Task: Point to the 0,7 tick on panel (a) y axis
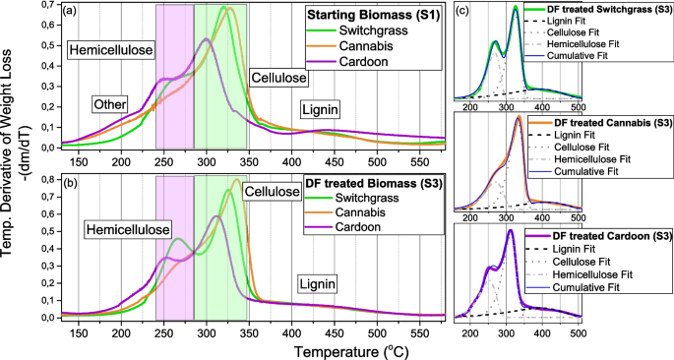tap(46, 5)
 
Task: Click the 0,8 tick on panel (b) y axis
tap(46, 179)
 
